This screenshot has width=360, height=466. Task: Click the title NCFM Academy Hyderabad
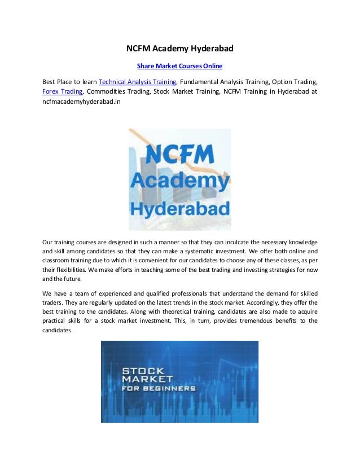(x=179, y=49)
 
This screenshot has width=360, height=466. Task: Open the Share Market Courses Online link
(x=180, y=66)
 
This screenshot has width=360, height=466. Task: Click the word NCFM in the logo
(x=179, y=154)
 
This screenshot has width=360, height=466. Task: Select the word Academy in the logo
(x=179, y=181)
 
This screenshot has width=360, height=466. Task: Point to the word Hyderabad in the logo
(x=180, y=209)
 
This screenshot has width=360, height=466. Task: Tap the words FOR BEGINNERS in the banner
(x=159, y=389)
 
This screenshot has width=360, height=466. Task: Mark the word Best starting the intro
(x=50, y=81)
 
